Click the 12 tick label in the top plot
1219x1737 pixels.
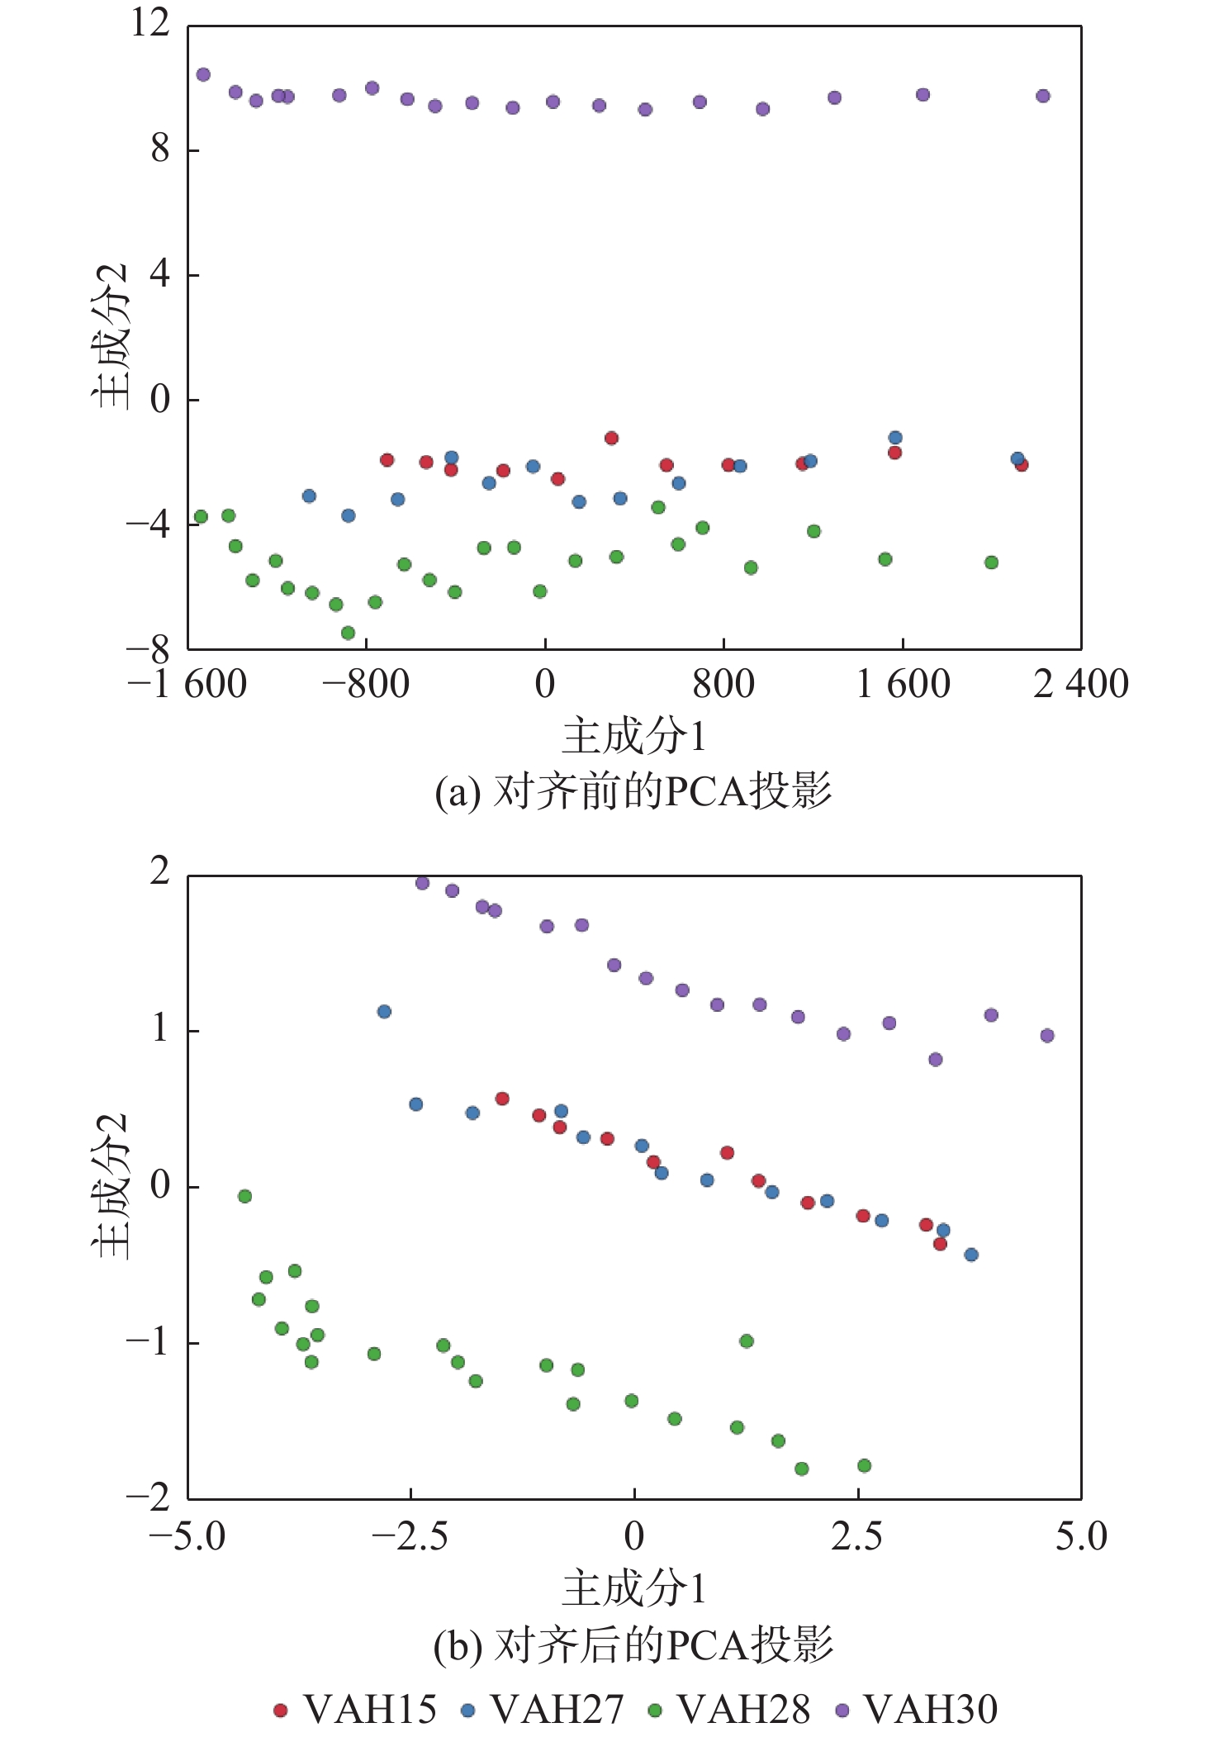[149, 22]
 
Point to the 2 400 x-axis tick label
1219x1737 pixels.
[1081, 685]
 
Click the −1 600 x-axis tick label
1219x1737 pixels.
[187, 685]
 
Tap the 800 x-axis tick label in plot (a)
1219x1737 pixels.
[723, 685]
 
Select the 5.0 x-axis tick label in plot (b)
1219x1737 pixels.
[1081, 1536]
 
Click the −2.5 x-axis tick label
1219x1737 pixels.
[410, 1536]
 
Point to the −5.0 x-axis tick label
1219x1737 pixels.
[187, 1536]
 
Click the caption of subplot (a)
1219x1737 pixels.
[633, 791]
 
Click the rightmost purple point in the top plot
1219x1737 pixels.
[1043, 96]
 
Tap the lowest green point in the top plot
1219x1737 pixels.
[348, 633]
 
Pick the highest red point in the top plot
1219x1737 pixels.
[611, 438]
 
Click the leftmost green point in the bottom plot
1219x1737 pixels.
[244, 1196]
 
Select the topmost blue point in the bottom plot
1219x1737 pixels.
[384, 1011]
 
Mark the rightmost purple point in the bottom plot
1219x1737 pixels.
[1047, 1035]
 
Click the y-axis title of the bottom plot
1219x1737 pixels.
[111, 1186]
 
